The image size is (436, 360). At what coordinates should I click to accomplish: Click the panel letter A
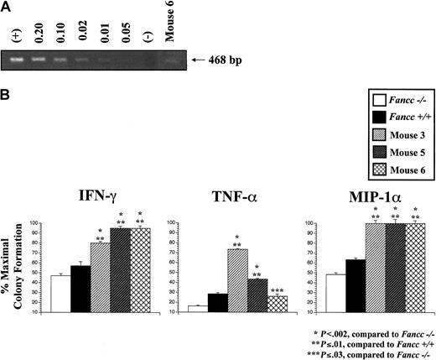[7, 7]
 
